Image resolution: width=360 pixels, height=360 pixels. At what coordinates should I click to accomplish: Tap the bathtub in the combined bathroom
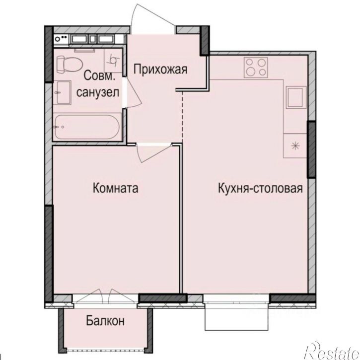click(x=87, y=128)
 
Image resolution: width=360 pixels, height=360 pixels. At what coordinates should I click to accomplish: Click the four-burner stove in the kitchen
click(x=256, y=67)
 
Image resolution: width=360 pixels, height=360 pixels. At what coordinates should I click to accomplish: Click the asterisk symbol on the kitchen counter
click(x=295, y=145)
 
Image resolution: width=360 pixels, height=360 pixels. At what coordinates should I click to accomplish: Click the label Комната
click(x=115, y=189)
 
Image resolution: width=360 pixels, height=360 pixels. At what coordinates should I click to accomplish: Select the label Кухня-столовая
click(x=260, y=189)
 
